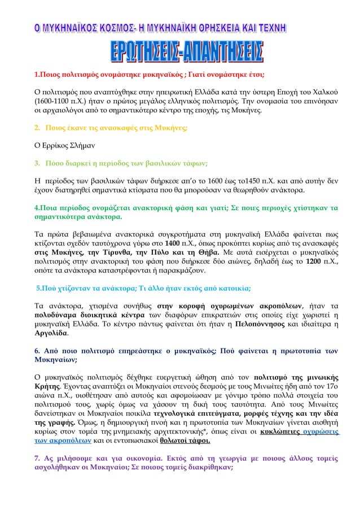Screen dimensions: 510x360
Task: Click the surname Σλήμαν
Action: [x=76, y=145]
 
